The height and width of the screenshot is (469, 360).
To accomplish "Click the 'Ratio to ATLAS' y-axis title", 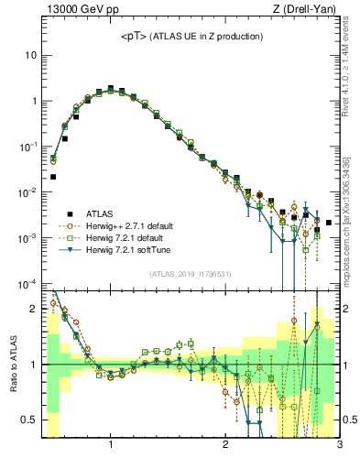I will (x=12, y=365).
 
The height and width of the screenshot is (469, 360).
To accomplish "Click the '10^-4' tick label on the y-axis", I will (x=30, y=284).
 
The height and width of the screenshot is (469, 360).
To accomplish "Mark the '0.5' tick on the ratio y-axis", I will (x=30, y=420).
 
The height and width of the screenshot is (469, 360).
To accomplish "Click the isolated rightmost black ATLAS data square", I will (x=328, y=222).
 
